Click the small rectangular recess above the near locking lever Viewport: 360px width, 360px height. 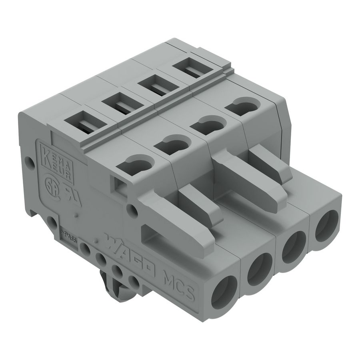coord(119,183)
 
